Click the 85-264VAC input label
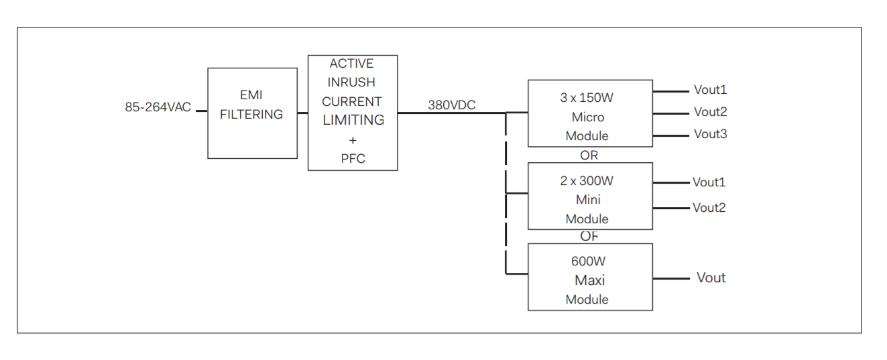pos(158,107)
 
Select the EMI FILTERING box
pos(252,113)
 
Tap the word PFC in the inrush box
pos(353,160)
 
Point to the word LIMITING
pos(353,120)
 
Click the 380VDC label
pos(452,105)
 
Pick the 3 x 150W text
pos(587,98)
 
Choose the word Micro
pos(587,117)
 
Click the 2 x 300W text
pos(587,180)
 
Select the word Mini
pos(588,199)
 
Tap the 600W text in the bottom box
pos(588,261)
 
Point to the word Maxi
pos(589,280)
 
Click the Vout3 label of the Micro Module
pos(710,134)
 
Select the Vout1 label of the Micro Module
pos(710,90)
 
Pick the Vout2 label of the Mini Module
pos(709,208)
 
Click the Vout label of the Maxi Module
pos(711,278)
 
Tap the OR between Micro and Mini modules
pos(589,156)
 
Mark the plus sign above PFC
pos(353,140)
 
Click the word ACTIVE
pos(351,64)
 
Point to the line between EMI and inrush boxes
pos(302,113)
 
